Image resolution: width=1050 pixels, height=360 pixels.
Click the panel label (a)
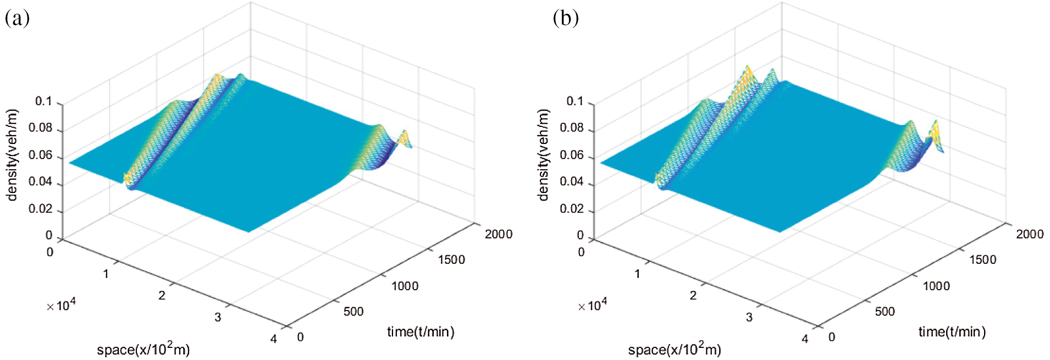pyautogui.click(x=17, y=18)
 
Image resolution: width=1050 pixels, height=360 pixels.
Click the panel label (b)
pyautogui.click(x=565, y=18)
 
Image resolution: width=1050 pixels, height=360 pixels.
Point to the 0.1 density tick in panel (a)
pyautogui.click(x=43, y=102)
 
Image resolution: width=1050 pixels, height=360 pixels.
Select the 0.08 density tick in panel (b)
pyautogui.click(x=571, y=129)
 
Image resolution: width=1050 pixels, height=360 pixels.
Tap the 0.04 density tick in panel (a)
pyautogui.click(x=40, y=182)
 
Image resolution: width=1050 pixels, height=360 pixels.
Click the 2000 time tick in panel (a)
pyautogui.click(x=498, y=234)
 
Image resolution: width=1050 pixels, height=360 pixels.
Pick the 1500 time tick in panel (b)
pyautogui.click(x=982, y=259)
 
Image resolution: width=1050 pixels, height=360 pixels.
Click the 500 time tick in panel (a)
pyautogui.click(x=353, y=312)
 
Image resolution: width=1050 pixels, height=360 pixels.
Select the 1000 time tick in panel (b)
pyautogui.click(x=936, y=286)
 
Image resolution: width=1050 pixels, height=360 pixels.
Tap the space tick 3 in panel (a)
pyautogui.click(x=218, y=317)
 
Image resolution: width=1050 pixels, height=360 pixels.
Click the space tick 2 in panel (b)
pyautogui.click(x=693, y=296)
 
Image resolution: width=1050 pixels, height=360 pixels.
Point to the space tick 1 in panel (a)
pyautogui.click(x=106, y=274)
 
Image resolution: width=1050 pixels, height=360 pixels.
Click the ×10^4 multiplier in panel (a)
pyautogui.click(x=61, y=305)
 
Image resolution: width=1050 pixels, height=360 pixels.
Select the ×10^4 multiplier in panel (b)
pyautogui.click(x=592, y=305)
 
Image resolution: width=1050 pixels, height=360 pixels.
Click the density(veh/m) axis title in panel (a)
pyautogui.click(x=12, y=155)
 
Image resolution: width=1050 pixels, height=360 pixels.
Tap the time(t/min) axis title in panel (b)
pyautogui.click(x=952, y=331)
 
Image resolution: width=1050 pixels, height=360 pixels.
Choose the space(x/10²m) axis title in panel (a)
pyautogui.click(x=143, y=349)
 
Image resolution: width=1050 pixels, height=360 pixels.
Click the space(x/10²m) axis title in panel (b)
pyautogui.click(x=674, y=349)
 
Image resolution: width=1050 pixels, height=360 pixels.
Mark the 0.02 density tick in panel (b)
pyautogui.click(x=571, y=209)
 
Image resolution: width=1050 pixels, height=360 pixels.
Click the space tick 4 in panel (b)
pyautogui.click(x=805, y=339)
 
